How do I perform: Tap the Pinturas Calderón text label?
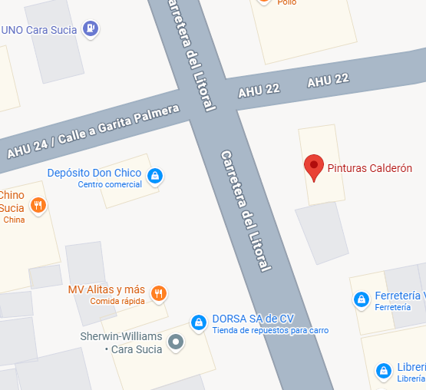(370, 169)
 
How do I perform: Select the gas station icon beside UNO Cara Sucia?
(91, 28)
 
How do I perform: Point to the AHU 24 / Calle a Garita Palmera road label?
(93, 131)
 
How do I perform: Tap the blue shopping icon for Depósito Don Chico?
(155, 176)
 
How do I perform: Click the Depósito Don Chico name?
(94, 173)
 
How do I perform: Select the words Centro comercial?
(110, 185)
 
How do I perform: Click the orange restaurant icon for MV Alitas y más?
(158, 292)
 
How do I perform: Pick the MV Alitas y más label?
(107, 289)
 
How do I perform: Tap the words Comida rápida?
(117, 301)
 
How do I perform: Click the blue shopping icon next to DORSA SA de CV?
(198, 322)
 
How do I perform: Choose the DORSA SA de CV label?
(253, 319)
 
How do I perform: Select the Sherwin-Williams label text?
(121, 342)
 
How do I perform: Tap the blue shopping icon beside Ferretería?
(360, 299)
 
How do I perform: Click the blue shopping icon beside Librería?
(382, 371)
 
